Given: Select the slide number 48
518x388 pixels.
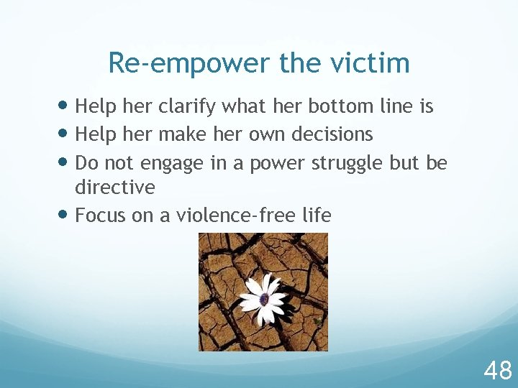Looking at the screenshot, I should point(498,371).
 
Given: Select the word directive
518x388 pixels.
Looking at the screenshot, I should point(115,188).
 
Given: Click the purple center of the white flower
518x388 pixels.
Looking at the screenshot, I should point(264,299).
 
